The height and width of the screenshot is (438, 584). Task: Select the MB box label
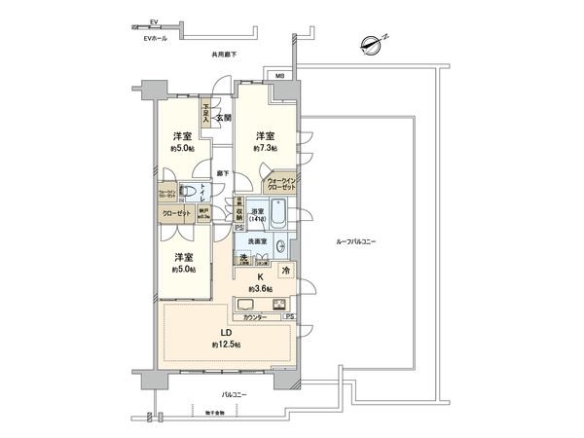coord(279,75)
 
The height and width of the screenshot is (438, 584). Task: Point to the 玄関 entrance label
coord(223,118)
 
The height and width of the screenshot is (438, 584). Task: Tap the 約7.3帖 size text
coord(264,148)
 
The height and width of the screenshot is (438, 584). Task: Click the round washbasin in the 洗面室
coord(279,245)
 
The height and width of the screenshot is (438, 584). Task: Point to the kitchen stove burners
coord(279,305)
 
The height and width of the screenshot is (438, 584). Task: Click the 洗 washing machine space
coord(245,258)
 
